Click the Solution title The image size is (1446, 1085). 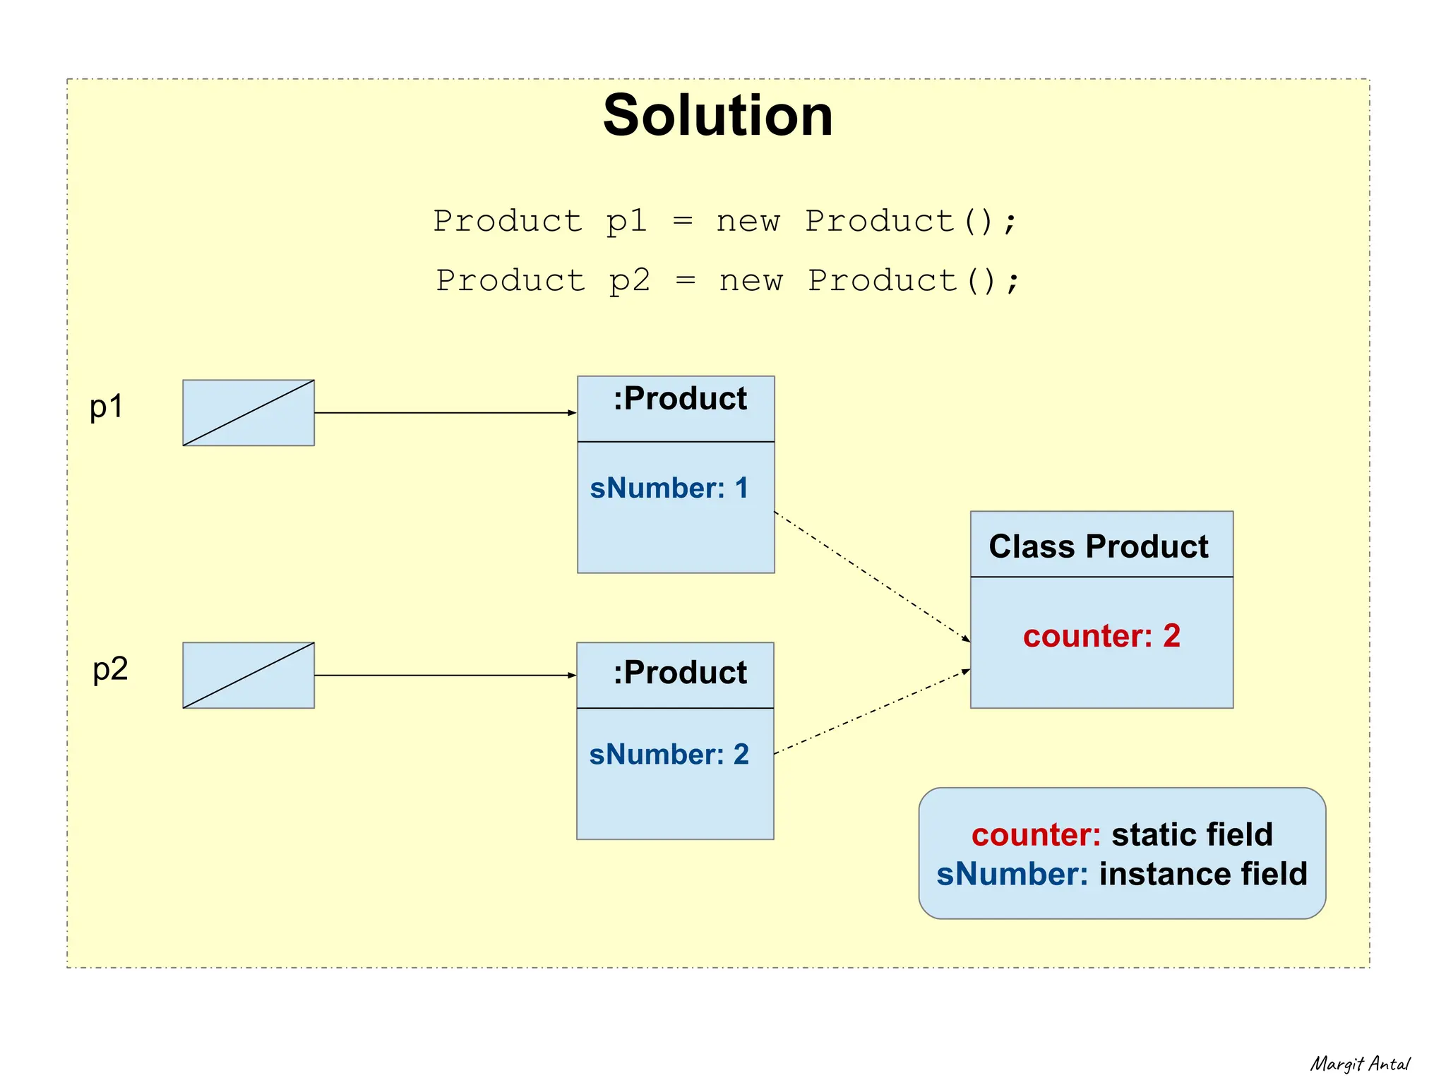pos(717,115)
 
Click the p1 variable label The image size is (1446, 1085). pos(107,407)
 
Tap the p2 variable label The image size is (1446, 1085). pos(110,669)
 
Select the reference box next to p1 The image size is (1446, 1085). pos(249,413)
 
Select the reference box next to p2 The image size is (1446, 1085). pos(249,676)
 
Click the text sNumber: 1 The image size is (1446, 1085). pos(669,488)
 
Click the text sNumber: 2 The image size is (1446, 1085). pos(669,755)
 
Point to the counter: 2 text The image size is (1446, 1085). pos(1101,636)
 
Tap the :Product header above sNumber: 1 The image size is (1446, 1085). pos(679,400)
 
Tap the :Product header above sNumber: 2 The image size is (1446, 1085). pos(679,673)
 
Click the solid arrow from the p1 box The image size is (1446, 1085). pos(445,413)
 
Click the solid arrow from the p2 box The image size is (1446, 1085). pos(445,676)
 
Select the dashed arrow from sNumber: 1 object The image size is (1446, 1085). pos(872,577)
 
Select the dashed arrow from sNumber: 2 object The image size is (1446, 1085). pos(872,712)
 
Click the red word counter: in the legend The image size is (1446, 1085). pos(1035,835)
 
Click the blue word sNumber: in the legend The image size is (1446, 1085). pos(1012,875)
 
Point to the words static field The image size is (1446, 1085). pos(1192,835)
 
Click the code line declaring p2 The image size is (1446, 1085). pos(727,281)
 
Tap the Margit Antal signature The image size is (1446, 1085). pos(1359,1064)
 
